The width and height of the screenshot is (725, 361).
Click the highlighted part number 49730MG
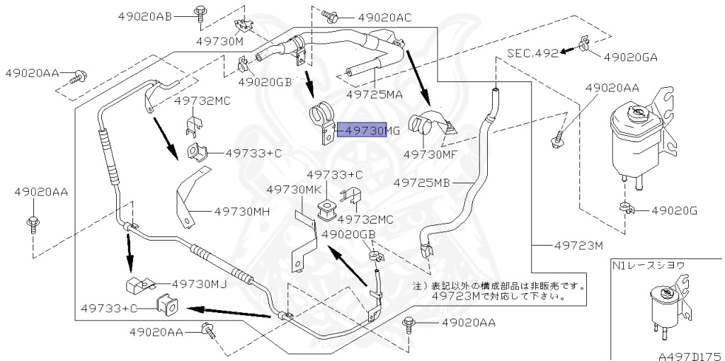coord(362,131)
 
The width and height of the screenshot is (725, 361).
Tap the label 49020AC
coord(384,17)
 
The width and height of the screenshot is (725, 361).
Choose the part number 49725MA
coord(375,93)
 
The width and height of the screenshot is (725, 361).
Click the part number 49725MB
coord(422,182)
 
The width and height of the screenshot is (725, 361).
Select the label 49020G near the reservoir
coord(675,210)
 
